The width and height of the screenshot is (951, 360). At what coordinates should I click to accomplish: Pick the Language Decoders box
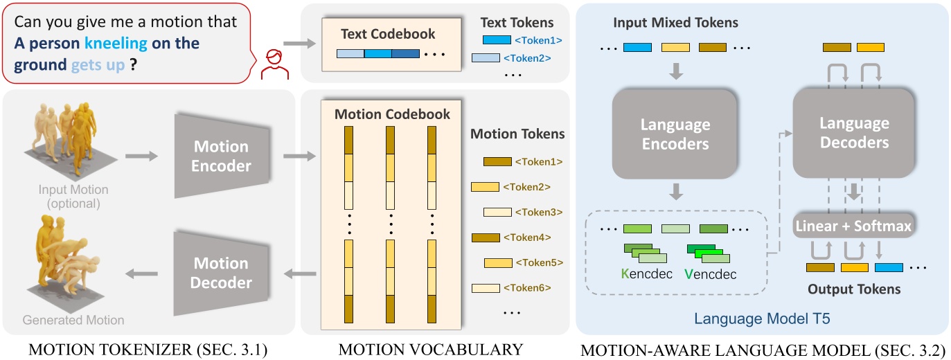tap(854, 133)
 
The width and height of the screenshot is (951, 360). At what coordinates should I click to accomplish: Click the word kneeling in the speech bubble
tap(116, 44)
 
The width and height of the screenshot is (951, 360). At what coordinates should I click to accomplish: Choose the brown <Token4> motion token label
tap(532, 237)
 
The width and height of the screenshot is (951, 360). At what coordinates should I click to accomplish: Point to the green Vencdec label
tap(710, 274)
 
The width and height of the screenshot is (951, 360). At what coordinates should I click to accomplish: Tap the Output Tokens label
tap(854, 289)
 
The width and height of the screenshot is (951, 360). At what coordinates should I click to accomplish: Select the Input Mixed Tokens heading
tap(675, 23)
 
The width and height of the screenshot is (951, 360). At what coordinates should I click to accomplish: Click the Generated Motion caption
tap(73, 320)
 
